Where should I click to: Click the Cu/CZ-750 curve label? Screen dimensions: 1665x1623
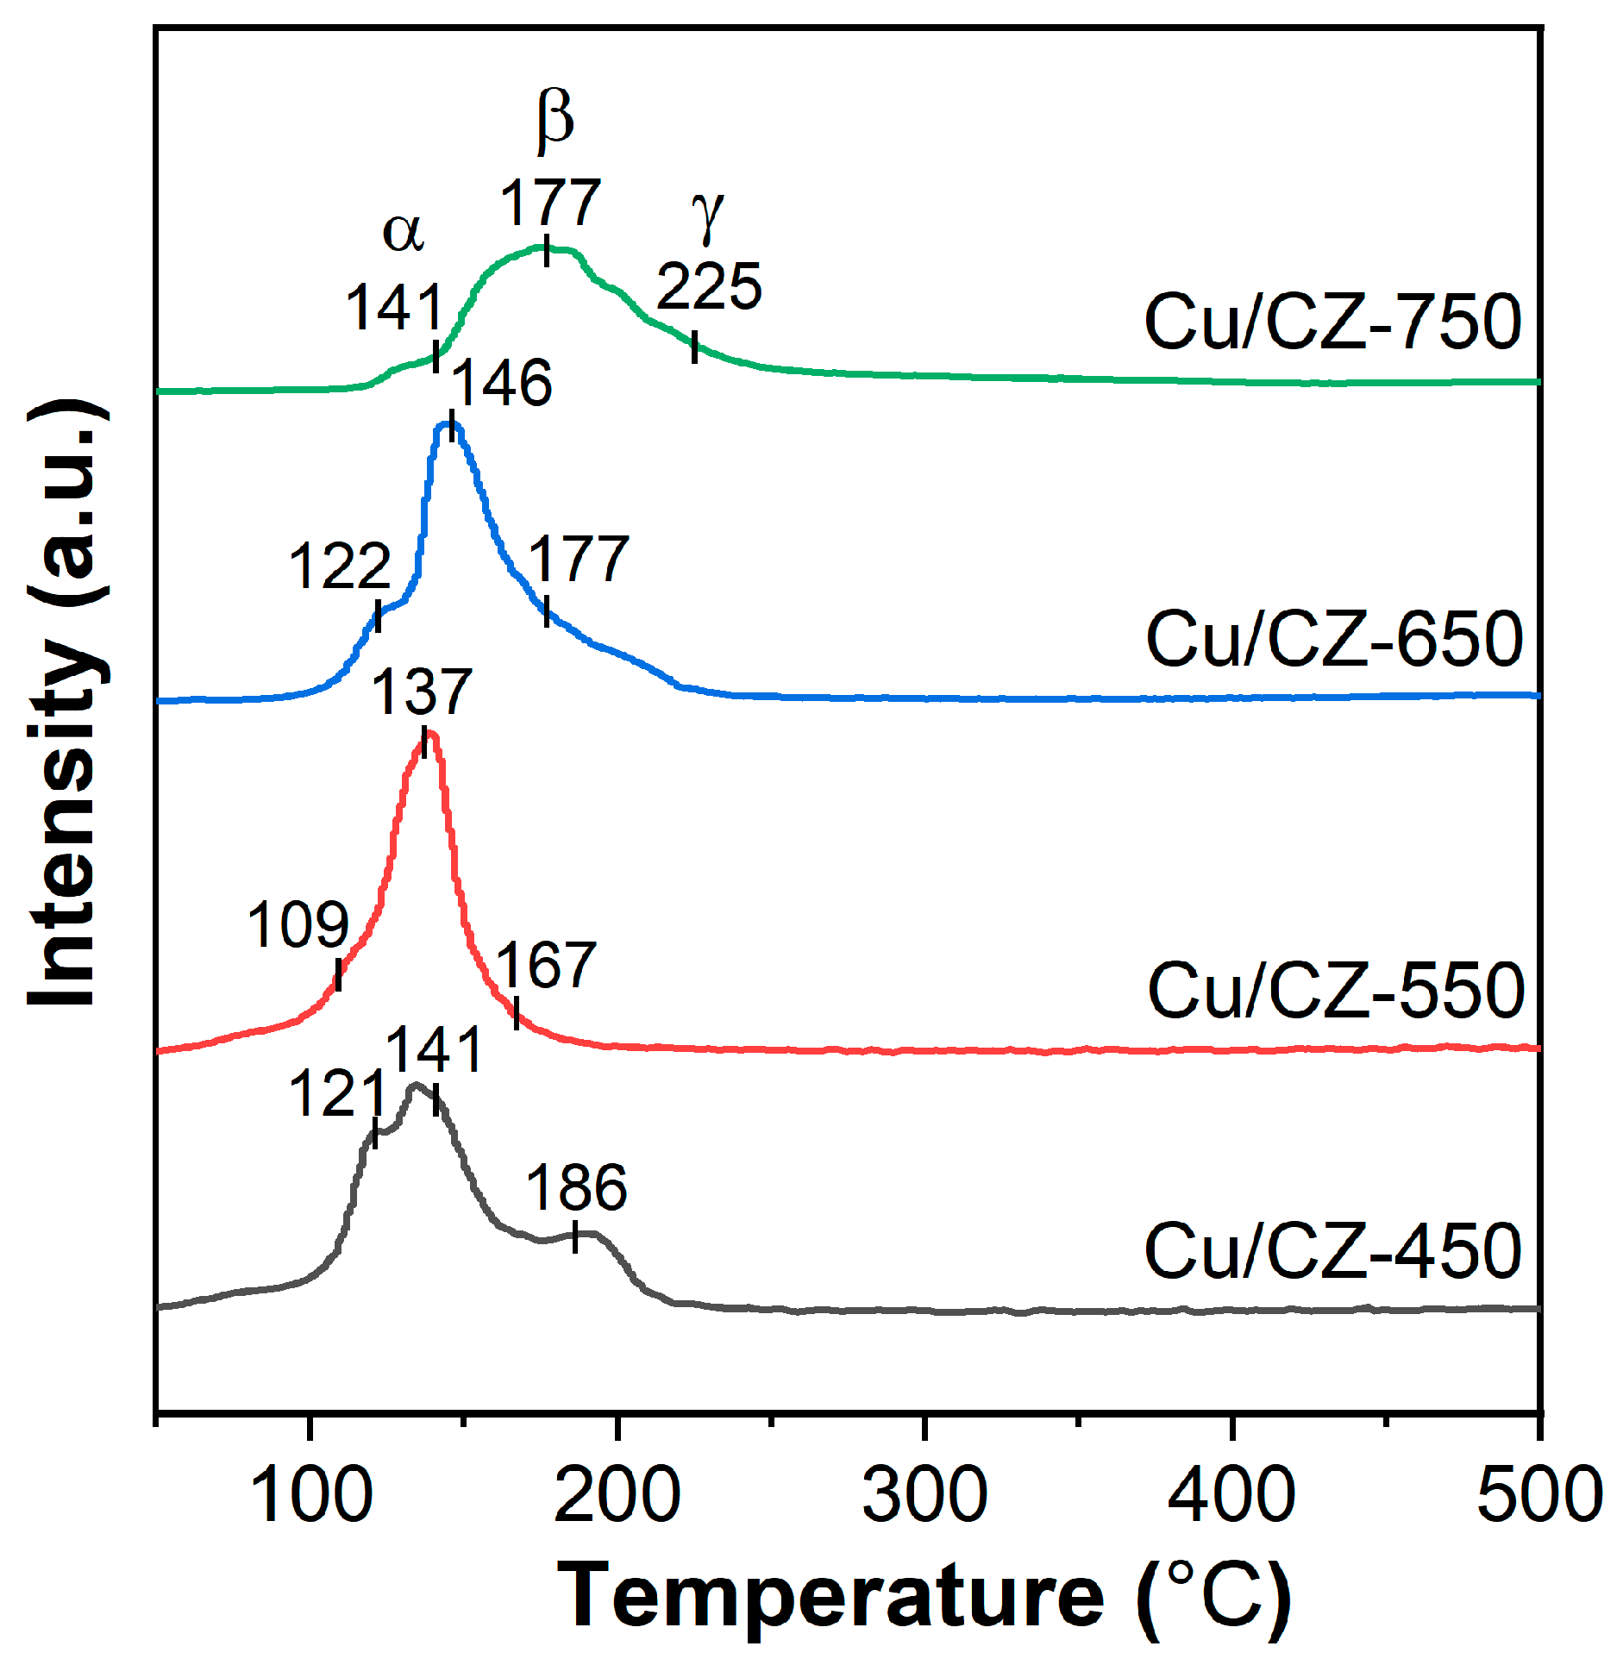tap(1332, 322)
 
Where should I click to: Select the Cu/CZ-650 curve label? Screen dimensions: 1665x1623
tap(1334, 639)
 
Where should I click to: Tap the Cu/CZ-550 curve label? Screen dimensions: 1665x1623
tap(1336, 991)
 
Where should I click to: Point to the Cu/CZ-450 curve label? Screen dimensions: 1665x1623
tap(1332, 1251)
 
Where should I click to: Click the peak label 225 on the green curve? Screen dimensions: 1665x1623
tap(709, 286)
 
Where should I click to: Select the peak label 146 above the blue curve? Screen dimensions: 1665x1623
tap(501, 383)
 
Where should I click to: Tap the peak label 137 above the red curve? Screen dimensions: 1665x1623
tap(422, 692)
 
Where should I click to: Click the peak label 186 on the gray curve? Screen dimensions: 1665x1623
tap(576, 1187)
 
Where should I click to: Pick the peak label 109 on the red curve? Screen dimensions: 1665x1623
tap(298, 925)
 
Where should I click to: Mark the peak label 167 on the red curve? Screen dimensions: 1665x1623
tap(546, 964)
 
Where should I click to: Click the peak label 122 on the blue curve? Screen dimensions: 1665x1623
tap(340, 566)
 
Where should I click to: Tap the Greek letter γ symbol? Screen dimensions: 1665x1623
tap(707, 215)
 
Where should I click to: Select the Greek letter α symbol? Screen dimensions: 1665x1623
tap(403, 232)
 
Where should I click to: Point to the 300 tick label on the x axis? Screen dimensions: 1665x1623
tap(924, 1495)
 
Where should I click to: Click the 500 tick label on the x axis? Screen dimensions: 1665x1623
tap(1538, 1495)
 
